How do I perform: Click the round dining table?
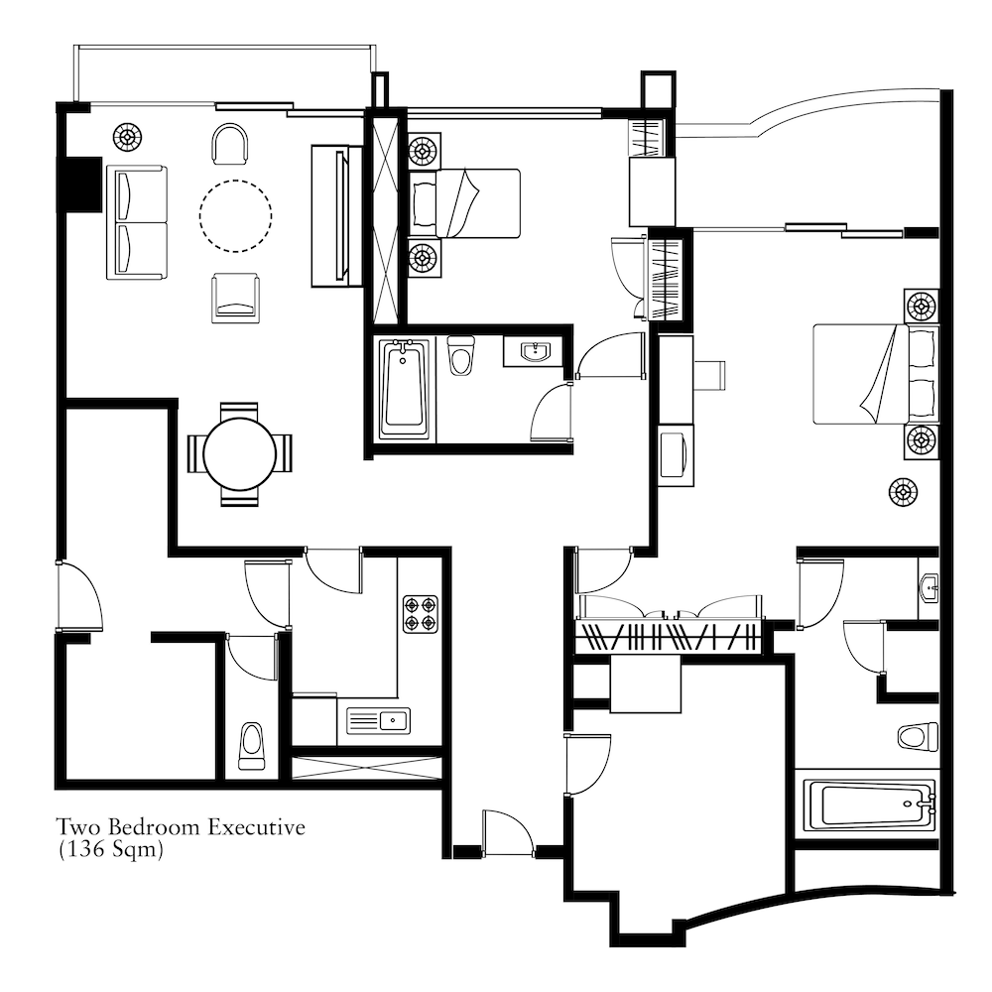pos(240,453)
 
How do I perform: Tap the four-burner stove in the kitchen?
pos(421,614)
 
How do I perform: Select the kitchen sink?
pos(378,720)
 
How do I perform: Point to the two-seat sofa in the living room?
pos(137,222)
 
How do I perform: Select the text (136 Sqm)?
pos(111,849)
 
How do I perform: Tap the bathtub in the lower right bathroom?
pos(869,806)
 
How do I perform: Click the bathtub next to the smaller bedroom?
pos(405,389)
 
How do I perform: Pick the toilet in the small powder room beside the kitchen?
pos(252,746)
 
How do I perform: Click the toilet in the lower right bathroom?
pos(918,736)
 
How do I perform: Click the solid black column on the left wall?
pos(79,185)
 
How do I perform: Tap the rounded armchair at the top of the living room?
pos(230,143)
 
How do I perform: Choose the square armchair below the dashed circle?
pos(235,298)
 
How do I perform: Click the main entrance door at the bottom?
pos(508,832)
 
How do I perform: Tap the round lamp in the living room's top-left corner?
pos(127,137)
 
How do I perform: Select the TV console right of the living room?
pos(336,216)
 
